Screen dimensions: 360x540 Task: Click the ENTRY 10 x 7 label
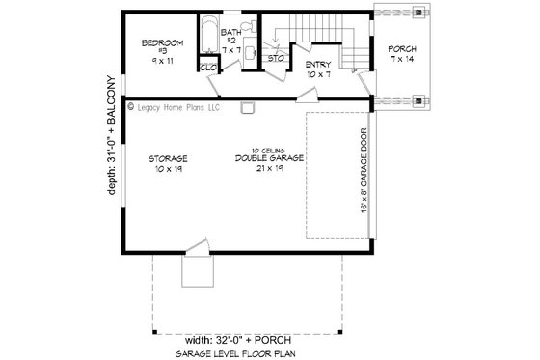[318, 68]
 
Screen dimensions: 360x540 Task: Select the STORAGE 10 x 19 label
[168, 162]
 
